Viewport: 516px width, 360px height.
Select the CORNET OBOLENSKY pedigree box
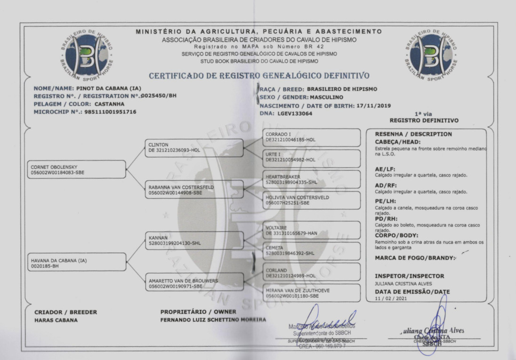[73, 169]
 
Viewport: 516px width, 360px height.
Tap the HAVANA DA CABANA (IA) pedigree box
[73, 263]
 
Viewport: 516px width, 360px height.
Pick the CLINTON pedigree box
[193, 148]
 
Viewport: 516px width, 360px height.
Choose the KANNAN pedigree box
[193, 241]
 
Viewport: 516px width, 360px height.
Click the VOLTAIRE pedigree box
[311, 230]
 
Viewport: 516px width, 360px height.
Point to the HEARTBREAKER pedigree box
[311, 179]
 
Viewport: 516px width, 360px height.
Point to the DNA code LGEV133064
[295, 113]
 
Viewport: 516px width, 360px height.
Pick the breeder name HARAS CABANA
[56, 320]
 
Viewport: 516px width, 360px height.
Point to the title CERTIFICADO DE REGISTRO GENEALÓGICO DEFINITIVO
[259, 76]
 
